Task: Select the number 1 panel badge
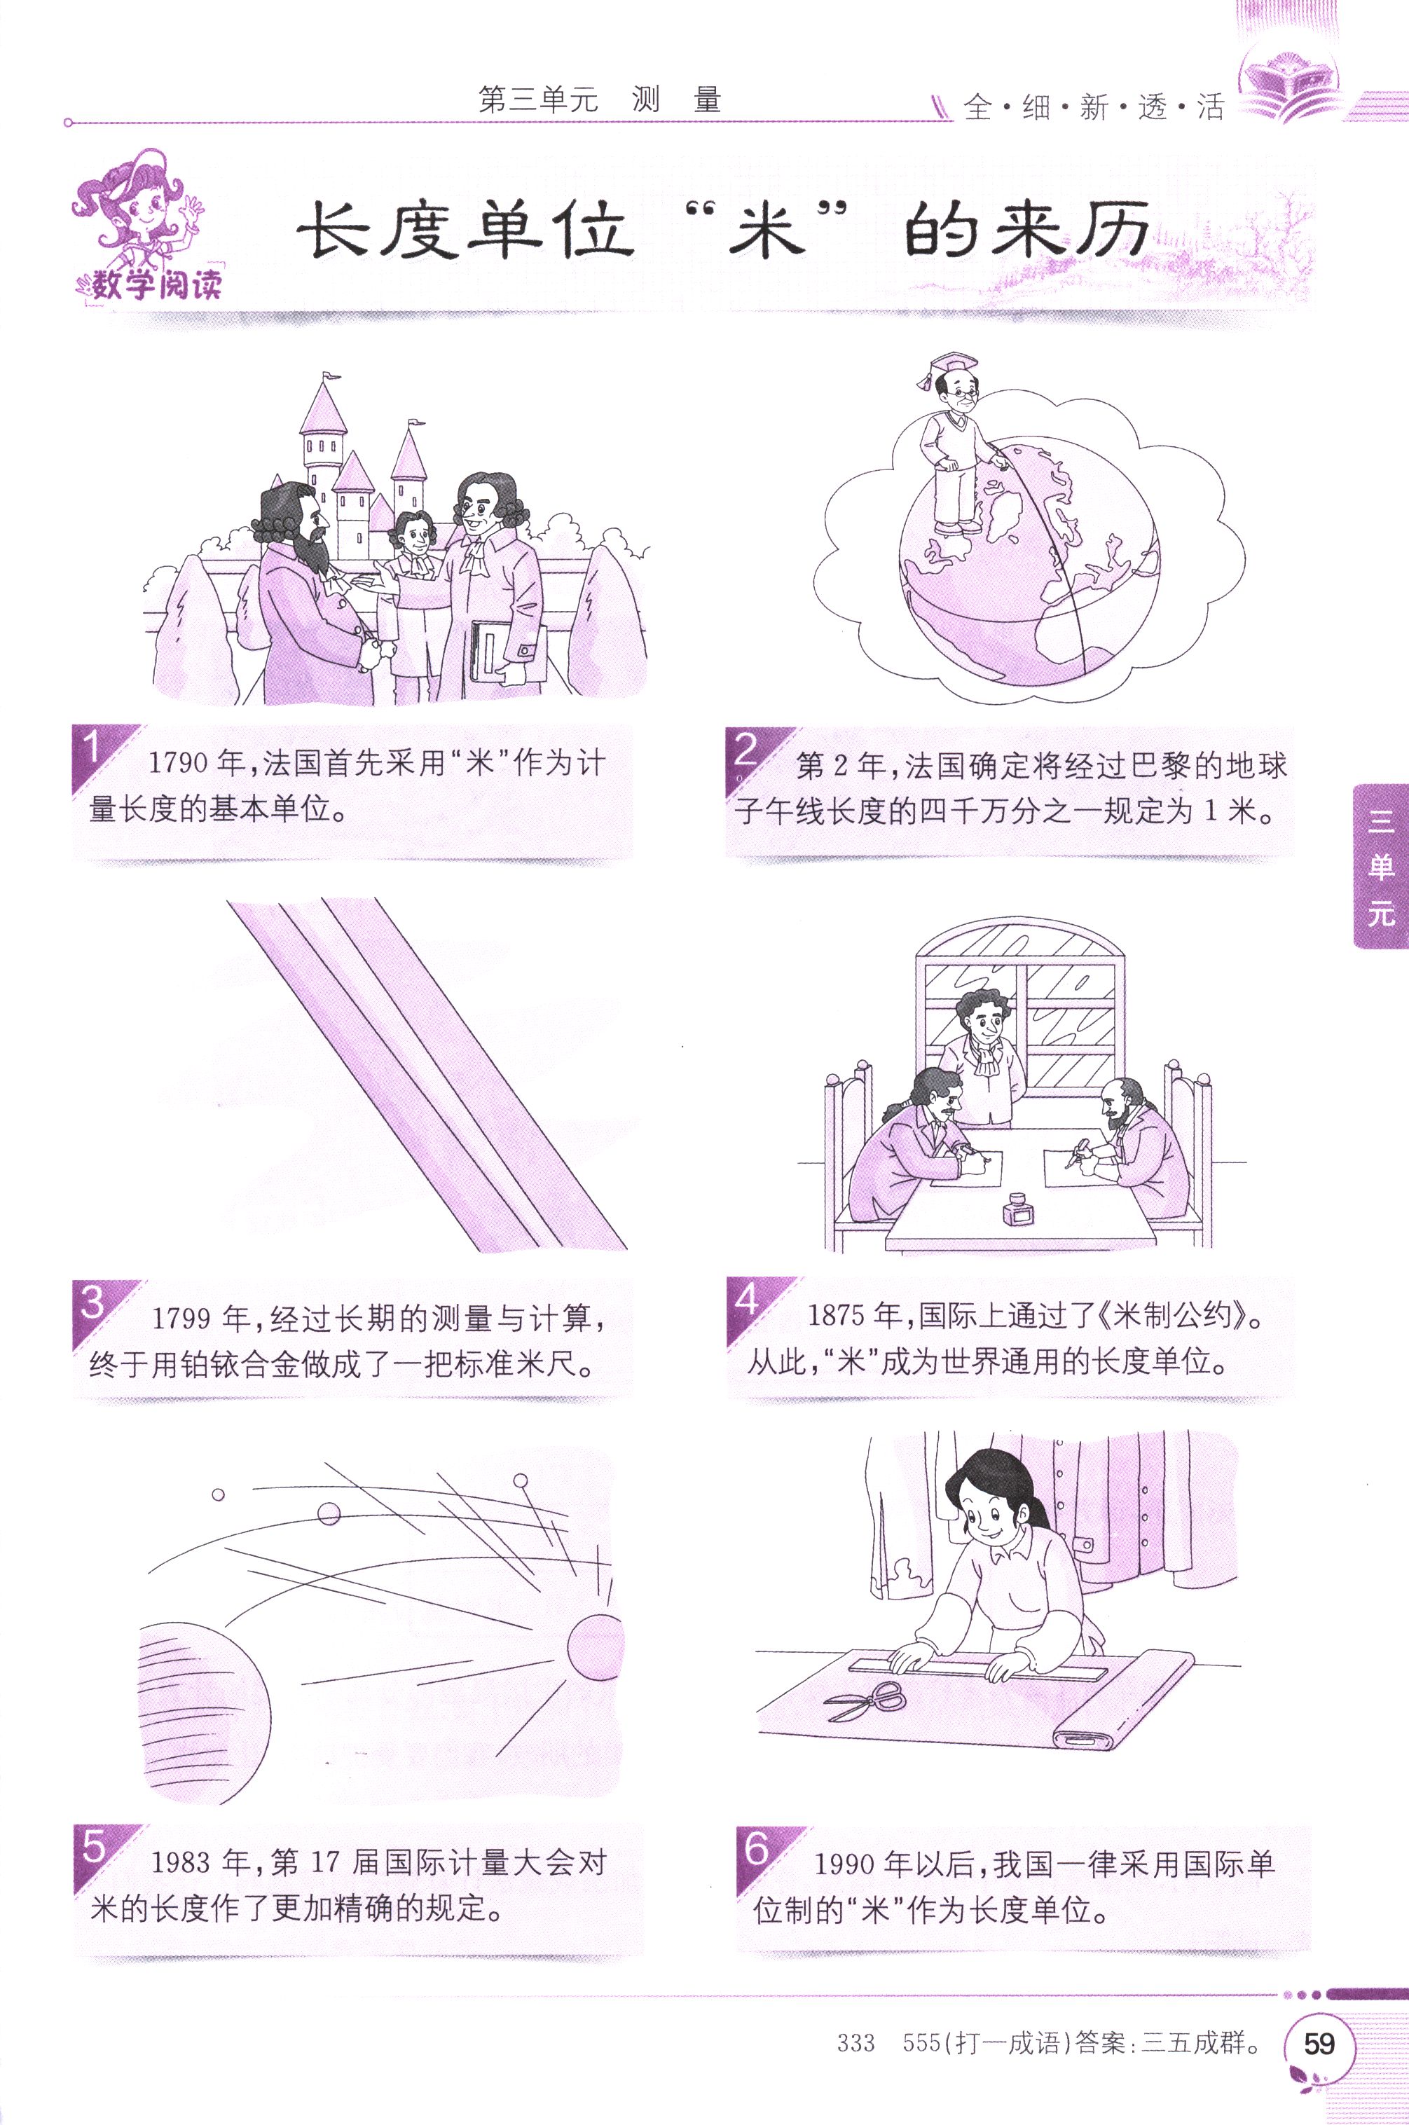tap(92, 748)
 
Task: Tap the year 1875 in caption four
tap(841, 1316)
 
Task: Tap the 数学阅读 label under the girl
tap(151, 286)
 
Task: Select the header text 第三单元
tap(538, 99)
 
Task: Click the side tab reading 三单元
tap(1381, 867)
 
